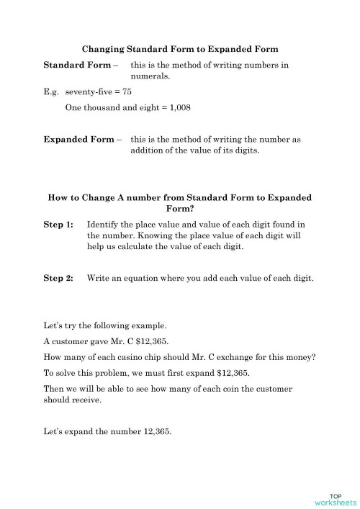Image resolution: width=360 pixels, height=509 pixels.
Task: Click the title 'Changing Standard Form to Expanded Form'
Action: [180, 49]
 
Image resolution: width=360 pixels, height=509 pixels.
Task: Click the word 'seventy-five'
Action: [89, 92]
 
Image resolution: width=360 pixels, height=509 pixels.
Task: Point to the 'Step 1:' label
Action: [58, 225]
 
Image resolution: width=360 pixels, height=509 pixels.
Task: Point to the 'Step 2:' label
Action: [58, 277]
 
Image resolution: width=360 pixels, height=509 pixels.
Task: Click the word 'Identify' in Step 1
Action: [104, 225]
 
